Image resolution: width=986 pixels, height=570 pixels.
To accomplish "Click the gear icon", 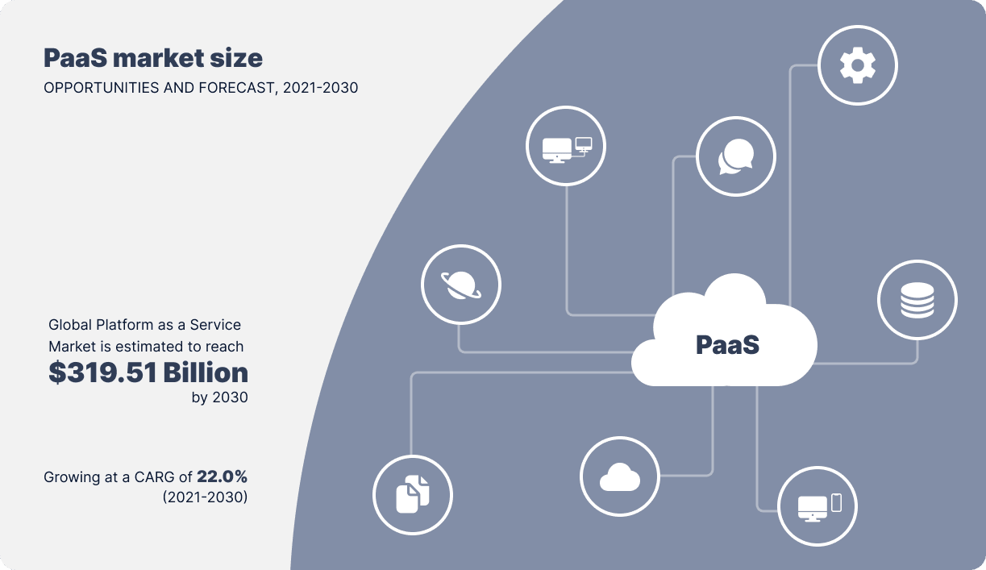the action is click(x=858, y=65).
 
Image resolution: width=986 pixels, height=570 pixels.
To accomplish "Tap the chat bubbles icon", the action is click(x=735, y=156).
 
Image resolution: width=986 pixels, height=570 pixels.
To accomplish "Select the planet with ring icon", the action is click(x=461, y=285).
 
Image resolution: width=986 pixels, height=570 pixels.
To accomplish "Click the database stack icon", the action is click(x=917, y=300).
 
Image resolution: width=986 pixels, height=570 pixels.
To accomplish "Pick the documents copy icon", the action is click(x=413, y=494).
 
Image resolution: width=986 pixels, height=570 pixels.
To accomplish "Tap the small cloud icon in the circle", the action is click(x=620, y=476).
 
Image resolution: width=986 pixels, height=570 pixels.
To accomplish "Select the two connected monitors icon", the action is click(x=567, y=150).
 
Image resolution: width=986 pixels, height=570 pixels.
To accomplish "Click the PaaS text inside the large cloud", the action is click(x=728, y=344).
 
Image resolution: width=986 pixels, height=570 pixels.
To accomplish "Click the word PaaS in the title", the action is click(x=75, y=58).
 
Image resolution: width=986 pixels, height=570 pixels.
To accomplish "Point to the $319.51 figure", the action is click(x=102, y=372).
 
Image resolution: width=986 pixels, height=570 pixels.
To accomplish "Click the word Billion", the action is click(x=206, y=372).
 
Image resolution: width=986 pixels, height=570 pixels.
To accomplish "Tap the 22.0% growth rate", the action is click(x=222, y=476).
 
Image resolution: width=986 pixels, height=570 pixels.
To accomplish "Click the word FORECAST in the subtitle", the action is click(x=236, y=88).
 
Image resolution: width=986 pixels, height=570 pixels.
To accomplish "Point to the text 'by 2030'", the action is click(x=219, y=397).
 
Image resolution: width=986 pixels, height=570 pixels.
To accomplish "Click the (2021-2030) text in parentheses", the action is click(x=205, y=497).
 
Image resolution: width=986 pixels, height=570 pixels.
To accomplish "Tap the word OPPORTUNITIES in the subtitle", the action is click(x=102, y=88).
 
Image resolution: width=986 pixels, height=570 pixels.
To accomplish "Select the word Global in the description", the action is click(x=70, y=325).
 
